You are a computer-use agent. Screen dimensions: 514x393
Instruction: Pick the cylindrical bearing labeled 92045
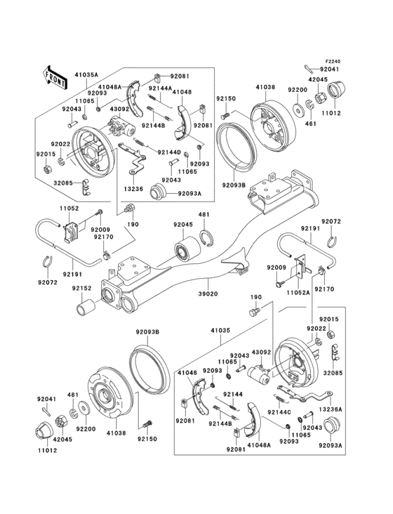(x=188, y=249)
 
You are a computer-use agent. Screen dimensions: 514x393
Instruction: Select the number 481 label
(x=204, y=216)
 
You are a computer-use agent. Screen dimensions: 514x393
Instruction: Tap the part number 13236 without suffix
(x=134, y=188)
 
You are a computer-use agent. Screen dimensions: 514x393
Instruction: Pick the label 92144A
(x=158, y=89)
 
